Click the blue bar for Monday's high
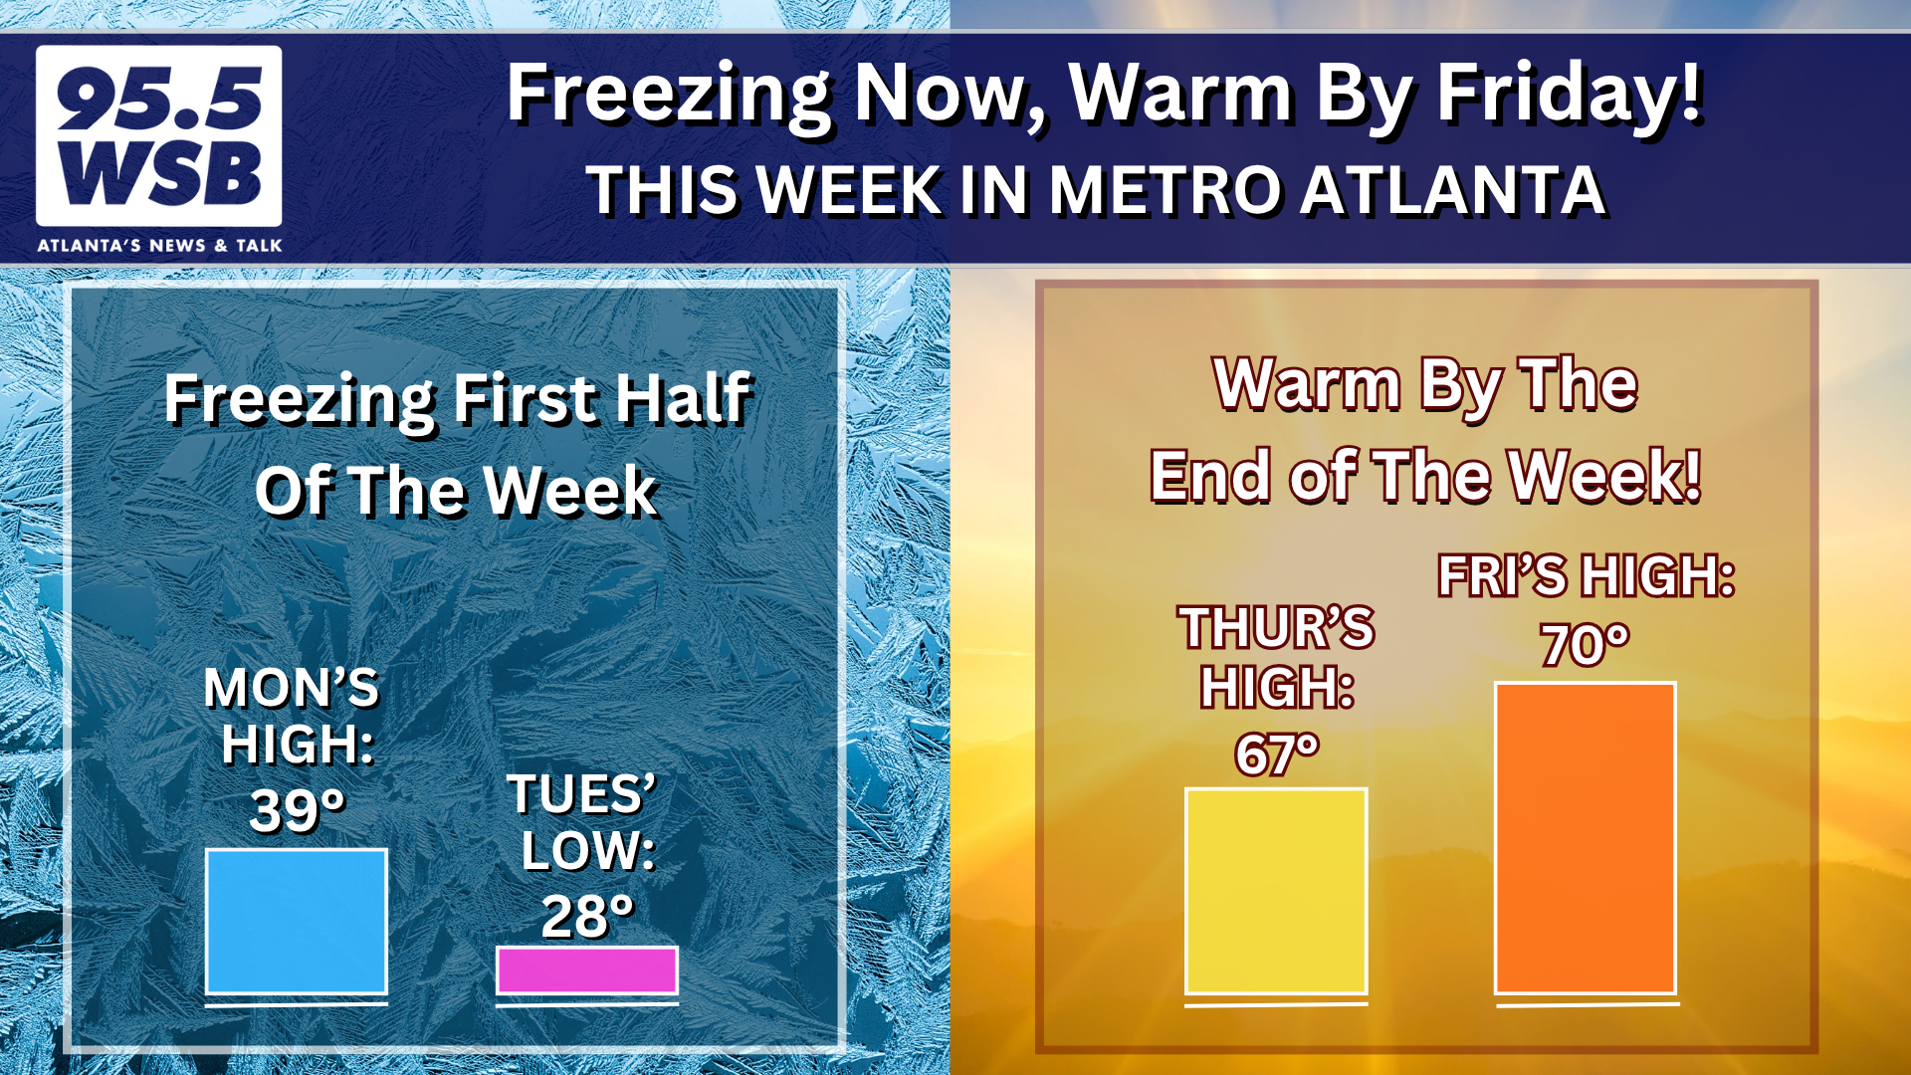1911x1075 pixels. coord(297,922)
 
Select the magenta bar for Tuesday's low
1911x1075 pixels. coord(587,970)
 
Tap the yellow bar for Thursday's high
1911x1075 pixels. coord(1276,891)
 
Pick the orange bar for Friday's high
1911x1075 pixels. coord(1586,838)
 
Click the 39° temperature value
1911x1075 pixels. coord(298,810)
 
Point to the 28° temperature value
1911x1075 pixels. coord(588,917)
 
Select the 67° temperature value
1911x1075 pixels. coord(1278,754)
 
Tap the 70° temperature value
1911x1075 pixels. coord(1586,645)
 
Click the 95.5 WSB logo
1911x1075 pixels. coord(159,136)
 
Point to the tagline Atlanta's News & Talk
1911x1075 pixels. coord(159,245)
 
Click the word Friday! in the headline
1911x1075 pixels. coord(1570,95)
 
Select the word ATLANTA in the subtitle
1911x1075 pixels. coord(1453,190)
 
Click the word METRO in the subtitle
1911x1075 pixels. coord(1164,190)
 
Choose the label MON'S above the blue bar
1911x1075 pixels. coord(292,688)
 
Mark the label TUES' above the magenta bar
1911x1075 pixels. coord(582,794)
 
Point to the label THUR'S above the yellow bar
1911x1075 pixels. coord(1277,628)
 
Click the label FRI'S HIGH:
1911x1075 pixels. coord(1587,576)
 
